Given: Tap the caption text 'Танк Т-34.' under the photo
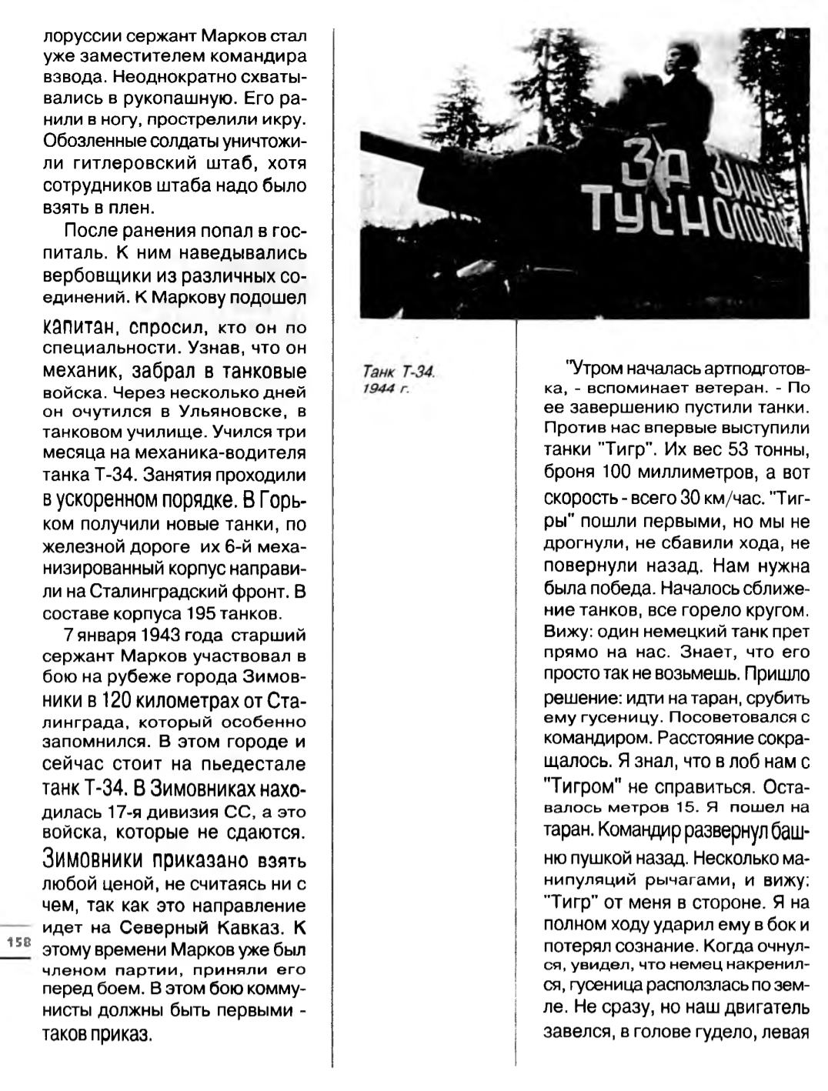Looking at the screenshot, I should pyautogui.click(x=399, y=372).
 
